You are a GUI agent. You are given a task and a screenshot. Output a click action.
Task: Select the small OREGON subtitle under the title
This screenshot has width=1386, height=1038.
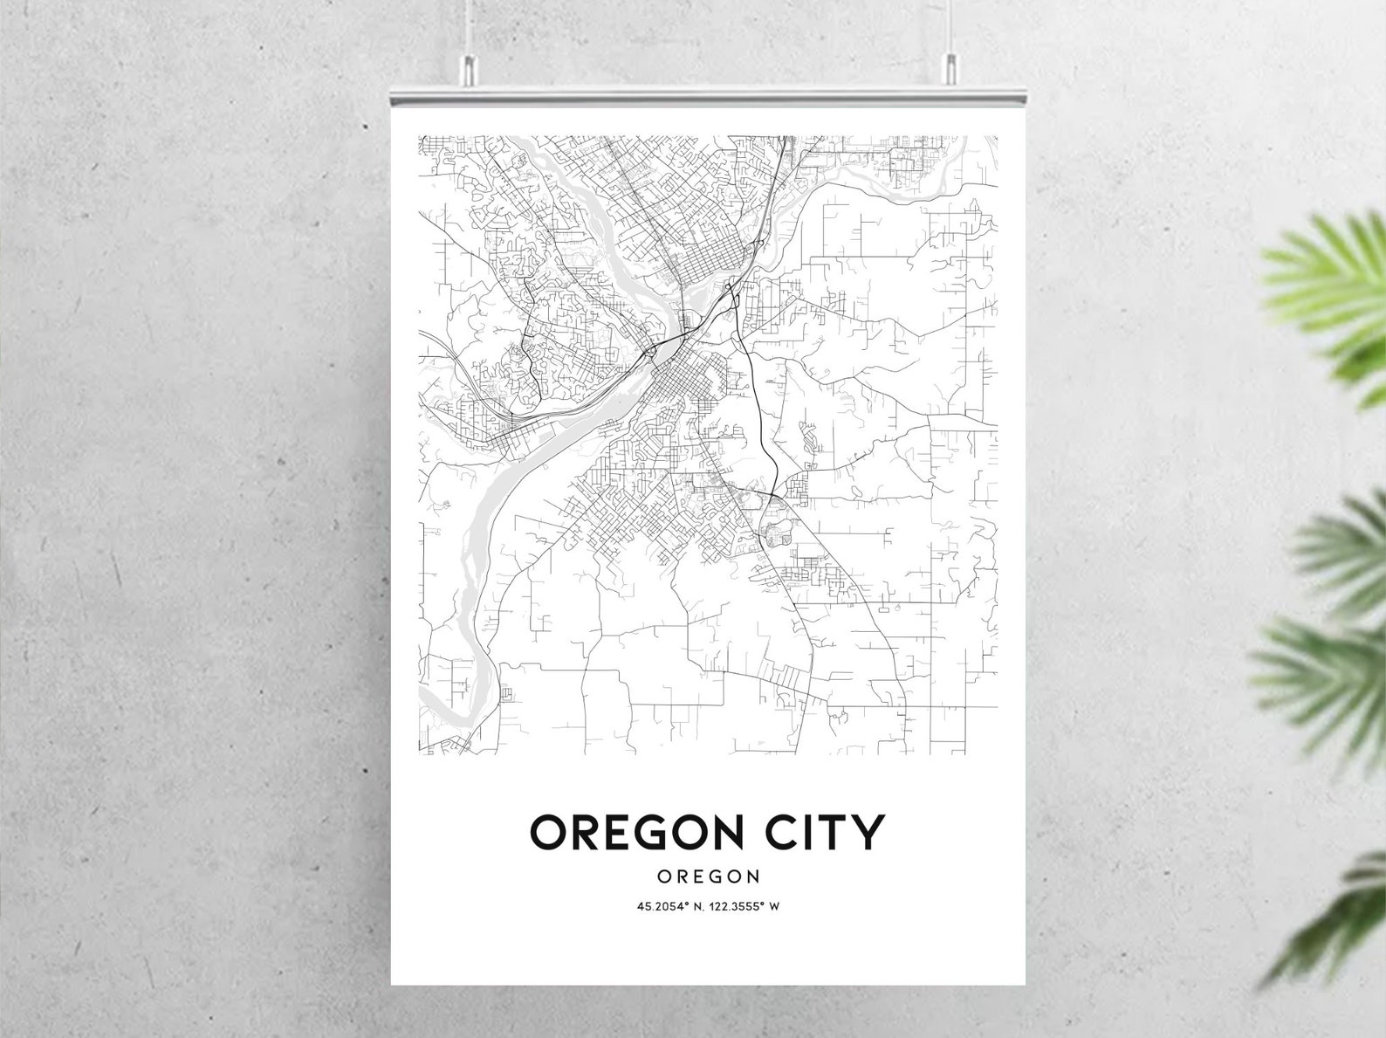click(708, 876)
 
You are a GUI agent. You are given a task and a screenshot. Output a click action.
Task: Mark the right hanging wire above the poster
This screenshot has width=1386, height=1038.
click(950, 26)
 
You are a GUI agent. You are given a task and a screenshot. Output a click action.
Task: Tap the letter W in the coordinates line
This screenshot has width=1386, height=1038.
click(773, 906)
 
